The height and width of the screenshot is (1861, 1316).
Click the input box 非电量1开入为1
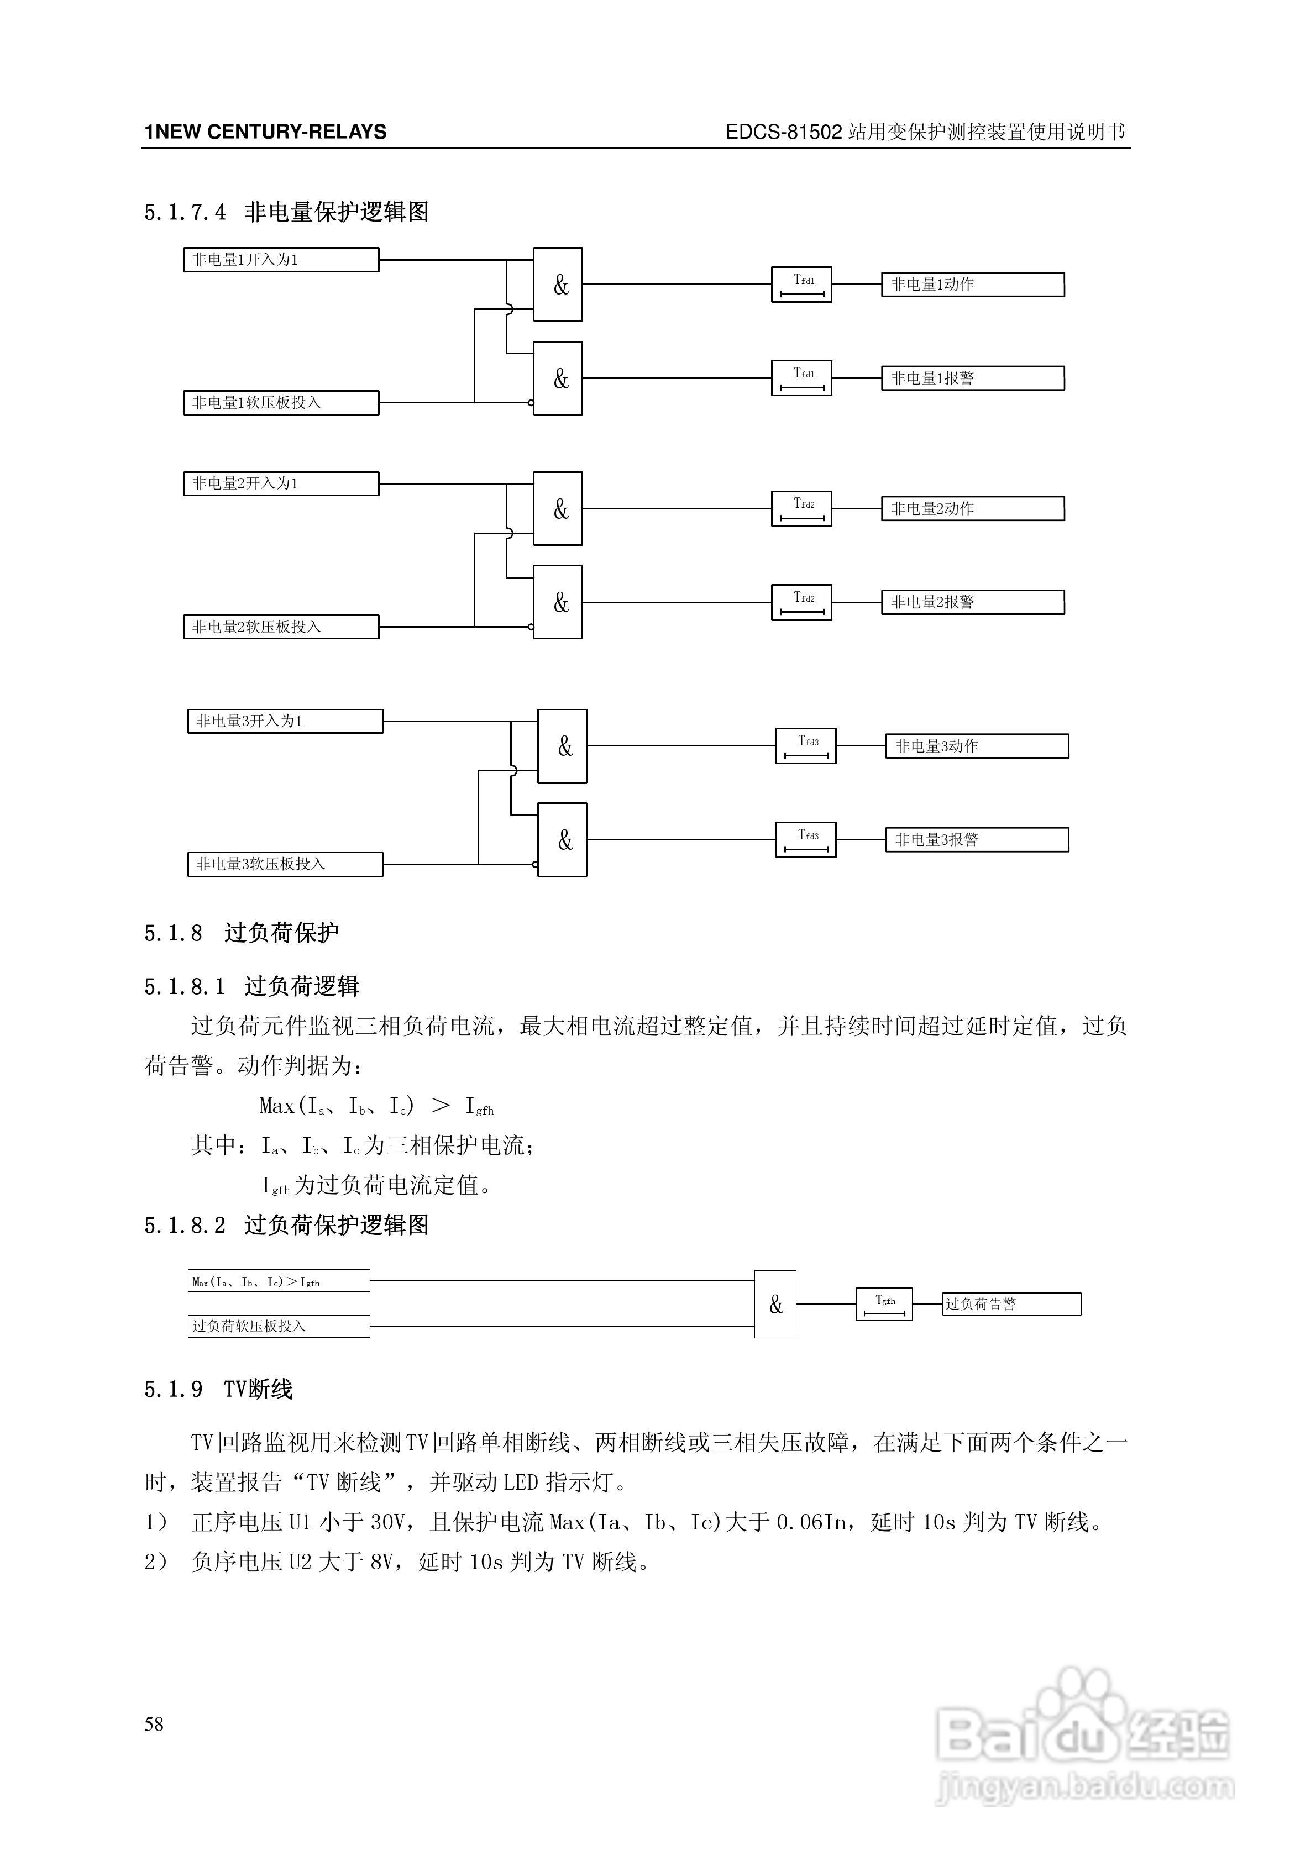tap(281, 259)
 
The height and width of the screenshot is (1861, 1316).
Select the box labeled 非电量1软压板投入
tap(281, 403)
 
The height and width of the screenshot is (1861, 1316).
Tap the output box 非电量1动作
tap(972, 285)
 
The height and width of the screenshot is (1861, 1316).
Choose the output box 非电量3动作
tap(976, 746)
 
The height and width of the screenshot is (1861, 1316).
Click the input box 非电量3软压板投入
tap(285, 864)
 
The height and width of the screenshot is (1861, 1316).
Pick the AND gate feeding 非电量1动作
tap(558, 285)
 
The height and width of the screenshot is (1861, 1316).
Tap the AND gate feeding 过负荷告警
tap(775, 1304)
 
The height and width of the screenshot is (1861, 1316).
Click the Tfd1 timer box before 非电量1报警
tap(801, 378)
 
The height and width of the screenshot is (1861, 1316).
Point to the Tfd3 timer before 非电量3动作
tap(805, 746)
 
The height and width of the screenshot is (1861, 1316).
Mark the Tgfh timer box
tap(884, 1303)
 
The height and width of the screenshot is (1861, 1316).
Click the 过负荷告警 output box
tap(1011, 1304)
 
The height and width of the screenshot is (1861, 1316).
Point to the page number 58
tap(154, 1724)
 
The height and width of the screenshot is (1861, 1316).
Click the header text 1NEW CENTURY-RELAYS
tap(265, 132)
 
